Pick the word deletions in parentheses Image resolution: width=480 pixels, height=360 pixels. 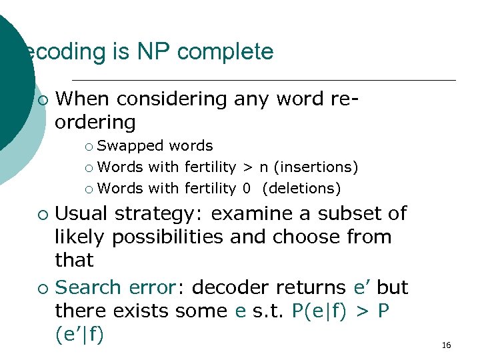(x=301, y=189)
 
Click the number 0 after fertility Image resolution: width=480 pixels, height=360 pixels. (x=247, y=189)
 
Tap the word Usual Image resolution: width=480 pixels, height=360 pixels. (x=83, y=214)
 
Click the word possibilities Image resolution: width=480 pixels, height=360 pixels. (x=169, y=237)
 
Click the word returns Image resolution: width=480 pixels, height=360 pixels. (x=303, y=287)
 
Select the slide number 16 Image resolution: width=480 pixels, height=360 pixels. (x=446, y=345)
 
